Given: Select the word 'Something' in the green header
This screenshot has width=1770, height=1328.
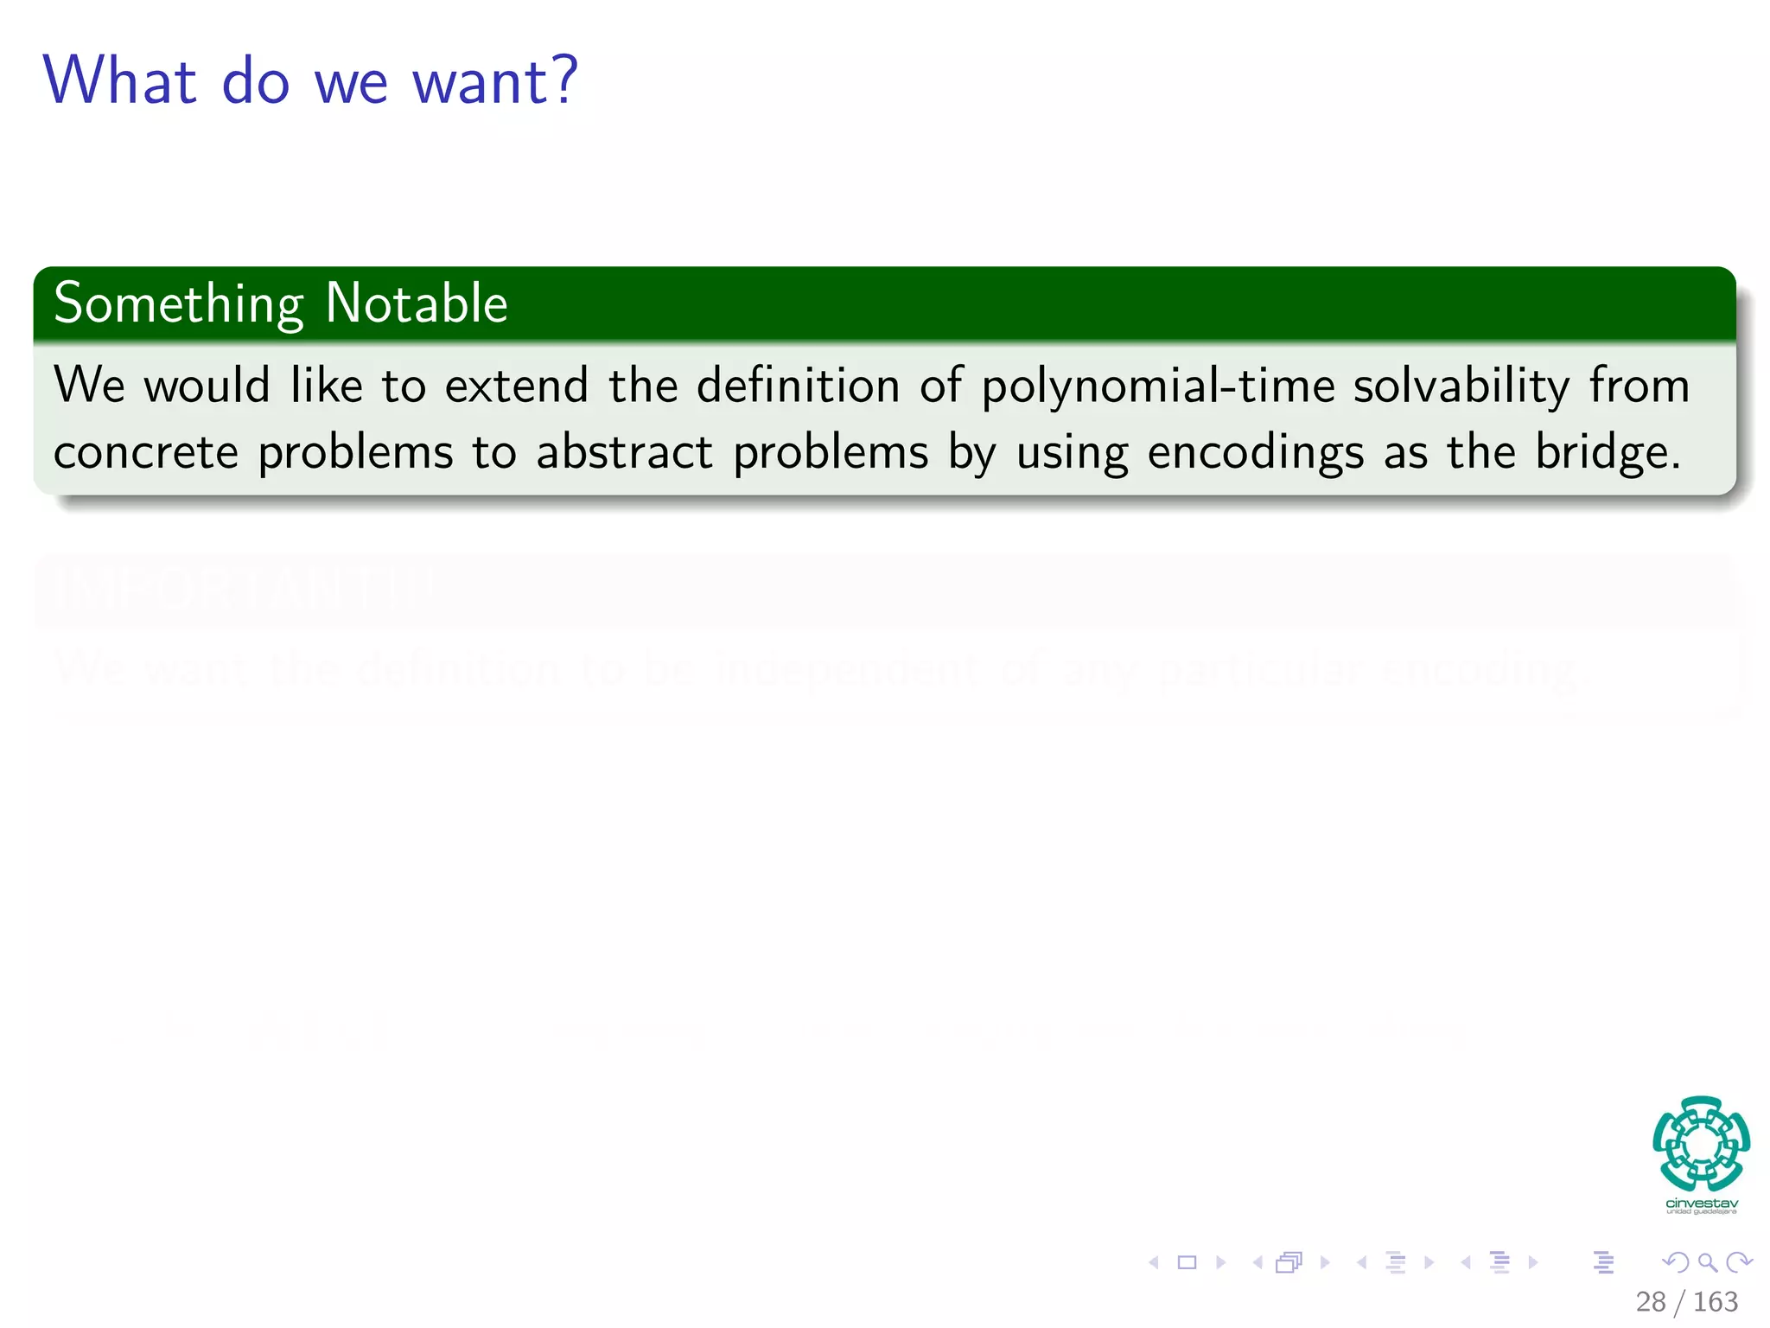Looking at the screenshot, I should [179, 304].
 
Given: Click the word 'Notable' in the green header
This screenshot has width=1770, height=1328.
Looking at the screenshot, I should [417, 304].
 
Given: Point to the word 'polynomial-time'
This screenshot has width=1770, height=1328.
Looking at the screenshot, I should [1158, 386].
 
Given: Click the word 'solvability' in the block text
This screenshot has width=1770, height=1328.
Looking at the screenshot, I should [1461, 386].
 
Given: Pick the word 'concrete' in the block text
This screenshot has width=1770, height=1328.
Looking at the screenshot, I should [145, 452].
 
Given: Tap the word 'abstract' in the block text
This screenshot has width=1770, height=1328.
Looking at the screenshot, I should [624, 452].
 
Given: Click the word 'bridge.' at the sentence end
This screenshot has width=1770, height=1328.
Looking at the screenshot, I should [1608, 452].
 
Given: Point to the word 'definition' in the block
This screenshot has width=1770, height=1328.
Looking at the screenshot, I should [798, 386].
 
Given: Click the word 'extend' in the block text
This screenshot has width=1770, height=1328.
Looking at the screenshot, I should [516, 386].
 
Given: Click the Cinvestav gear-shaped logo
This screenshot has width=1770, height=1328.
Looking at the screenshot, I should [1701, 1143].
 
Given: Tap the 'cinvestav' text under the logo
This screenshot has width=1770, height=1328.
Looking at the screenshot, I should [1701, 1203].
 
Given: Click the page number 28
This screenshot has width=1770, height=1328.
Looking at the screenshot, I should [1651, 1301].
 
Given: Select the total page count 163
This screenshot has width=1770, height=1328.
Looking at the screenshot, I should [1715, 1301].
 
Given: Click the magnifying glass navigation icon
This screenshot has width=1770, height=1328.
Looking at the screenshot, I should [1707, 1262].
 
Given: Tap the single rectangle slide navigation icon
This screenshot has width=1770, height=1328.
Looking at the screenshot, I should [1187, 1262].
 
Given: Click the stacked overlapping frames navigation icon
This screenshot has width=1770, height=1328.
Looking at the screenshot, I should [1289, 1262].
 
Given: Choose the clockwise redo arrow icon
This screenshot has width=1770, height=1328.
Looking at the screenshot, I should [1738, 1262].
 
